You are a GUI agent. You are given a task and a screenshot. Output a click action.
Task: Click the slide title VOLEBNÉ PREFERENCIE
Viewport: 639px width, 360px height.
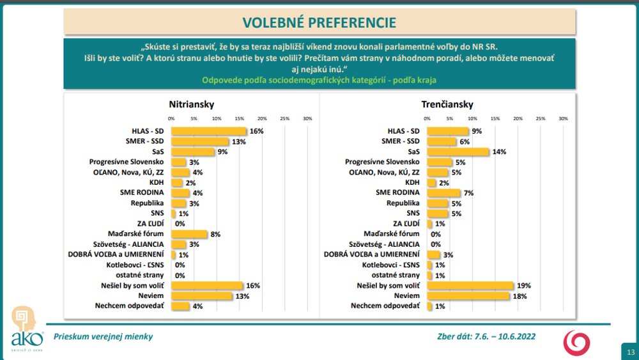pos(319,23)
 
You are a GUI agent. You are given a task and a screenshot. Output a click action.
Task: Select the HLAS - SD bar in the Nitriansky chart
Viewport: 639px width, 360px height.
pos(209,131)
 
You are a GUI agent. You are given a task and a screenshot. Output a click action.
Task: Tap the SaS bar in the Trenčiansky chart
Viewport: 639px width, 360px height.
pos(458,152)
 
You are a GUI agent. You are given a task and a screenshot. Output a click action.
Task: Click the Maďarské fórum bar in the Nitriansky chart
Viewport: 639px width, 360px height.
pos(189,234)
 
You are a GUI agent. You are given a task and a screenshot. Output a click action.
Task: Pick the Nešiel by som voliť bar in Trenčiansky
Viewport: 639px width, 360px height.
pos(470,286)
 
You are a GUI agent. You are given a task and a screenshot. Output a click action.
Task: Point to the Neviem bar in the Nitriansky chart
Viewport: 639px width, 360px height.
pos(201,296)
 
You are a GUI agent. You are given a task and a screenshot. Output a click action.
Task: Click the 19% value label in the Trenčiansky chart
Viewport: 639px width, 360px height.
pos(525,286)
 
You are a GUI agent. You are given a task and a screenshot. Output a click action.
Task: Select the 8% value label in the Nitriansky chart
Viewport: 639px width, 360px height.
pos(215,234)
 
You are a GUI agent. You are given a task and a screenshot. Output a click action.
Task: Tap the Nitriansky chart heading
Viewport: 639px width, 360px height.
pos(191,104)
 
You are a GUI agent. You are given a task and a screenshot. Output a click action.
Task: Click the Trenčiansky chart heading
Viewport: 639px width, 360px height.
pos(447,104)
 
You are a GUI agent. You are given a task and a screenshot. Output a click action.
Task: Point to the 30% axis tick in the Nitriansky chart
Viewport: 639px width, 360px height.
pos(307,119)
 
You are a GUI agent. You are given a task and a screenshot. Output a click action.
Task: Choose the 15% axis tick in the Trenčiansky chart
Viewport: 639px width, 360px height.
pos(495,119)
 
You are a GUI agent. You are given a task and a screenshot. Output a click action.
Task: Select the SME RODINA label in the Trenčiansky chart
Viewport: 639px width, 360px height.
pos(397,192)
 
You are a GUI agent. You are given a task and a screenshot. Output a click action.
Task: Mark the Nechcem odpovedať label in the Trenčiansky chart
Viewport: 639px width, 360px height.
pos(385,306)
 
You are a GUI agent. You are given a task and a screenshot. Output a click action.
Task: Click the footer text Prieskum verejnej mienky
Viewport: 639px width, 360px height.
pos(104,336)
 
